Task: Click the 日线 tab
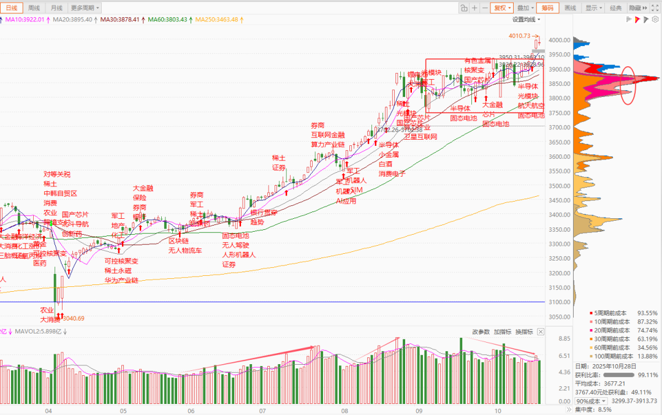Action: tap(12, 8)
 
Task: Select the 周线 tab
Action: tap(34, 8)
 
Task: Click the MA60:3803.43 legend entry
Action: tap(168, 20)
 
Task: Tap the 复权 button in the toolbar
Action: tap(502, 8)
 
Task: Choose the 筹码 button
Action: tap(547, 8)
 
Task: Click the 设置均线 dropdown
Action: tap(527, 20)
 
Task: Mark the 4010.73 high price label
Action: tap(518, 36)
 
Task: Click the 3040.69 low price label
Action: tap(73, 318)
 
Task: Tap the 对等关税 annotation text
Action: tap(57, 174)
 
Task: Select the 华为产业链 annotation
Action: tap(121, 280)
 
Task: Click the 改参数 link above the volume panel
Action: tap(481, 332)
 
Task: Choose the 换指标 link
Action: tap(523, 332)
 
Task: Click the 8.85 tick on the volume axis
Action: tap(564, 338)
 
